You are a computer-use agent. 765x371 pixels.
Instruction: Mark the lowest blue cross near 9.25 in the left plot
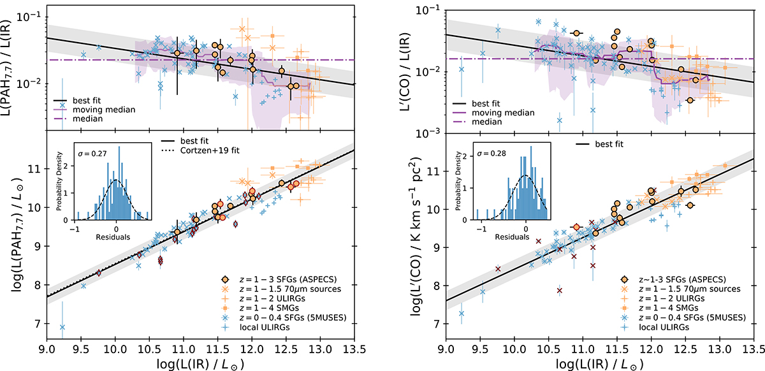pos(62,327)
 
